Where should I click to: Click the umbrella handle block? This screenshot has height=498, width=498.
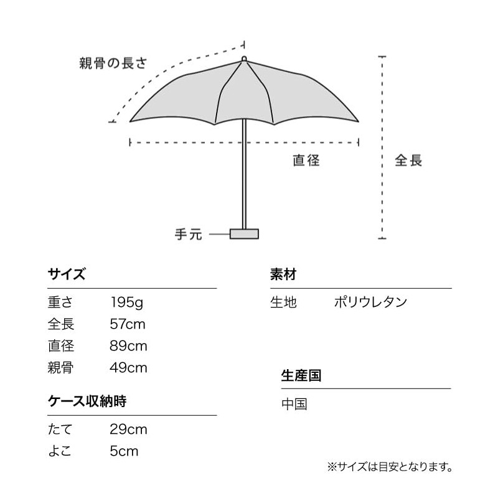coord(244,233)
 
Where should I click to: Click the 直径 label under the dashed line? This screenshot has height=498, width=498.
coord(306,161)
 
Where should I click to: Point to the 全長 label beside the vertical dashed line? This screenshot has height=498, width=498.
coord(408,161)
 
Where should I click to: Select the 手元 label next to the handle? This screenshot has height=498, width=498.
coord(188,235)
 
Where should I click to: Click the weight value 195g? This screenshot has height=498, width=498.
coord(128,303)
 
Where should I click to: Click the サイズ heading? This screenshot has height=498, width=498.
coord(66,275)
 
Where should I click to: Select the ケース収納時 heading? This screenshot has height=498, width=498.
coord(87,402)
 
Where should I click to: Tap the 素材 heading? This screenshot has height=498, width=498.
coord(283,275)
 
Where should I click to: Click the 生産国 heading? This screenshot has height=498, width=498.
coord(301,375)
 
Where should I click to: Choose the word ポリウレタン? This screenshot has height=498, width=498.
coord(370,303)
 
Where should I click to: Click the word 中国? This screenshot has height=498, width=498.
coord(294,404)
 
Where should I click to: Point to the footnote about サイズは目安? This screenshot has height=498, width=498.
coord(390,466)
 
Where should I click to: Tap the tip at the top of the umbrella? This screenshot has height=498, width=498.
coord(244,59)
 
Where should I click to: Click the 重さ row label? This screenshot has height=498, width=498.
coord(60,303)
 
